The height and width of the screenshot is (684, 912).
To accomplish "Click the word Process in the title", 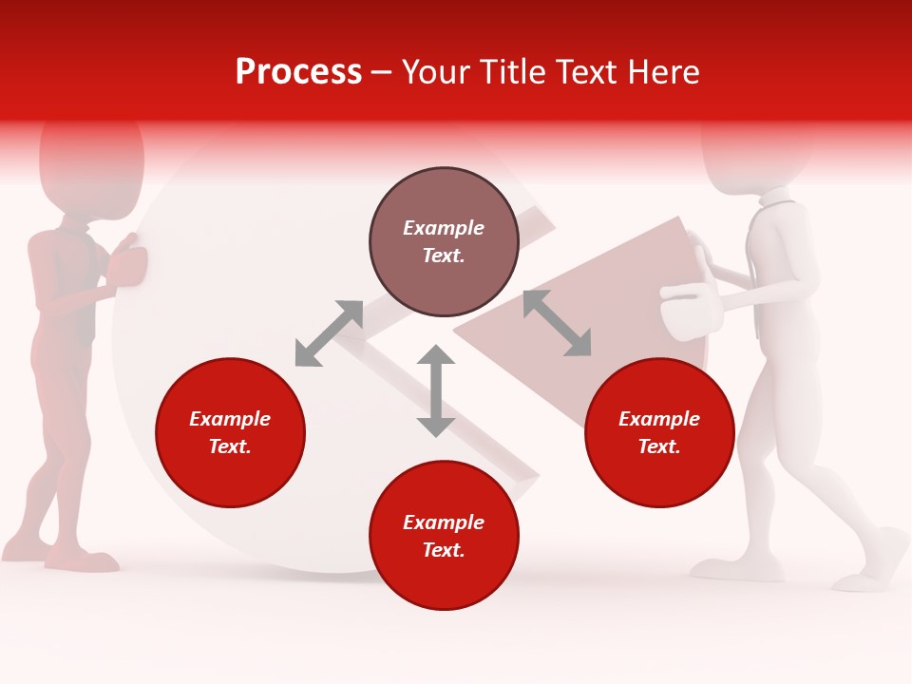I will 298,72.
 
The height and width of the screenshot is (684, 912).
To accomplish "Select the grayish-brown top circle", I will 444,241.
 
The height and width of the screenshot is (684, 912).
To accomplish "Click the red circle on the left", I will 230,433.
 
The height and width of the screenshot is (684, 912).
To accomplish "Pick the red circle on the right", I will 659,433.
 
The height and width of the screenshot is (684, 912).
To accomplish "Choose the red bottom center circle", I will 444,536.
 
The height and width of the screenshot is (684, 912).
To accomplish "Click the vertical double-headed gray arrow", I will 436,390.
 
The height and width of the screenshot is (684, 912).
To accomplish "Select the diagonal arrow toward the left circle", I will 329,333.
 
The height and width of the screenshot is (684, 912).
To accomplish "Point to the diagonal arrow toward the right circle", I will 557,323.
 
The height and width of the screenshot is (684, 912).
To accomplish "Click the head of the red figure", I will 92,161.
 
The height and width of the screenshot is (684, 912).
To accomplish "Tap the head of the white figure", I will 757,152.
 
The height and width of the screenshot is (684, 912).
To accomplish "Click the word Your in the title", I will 438,72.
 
